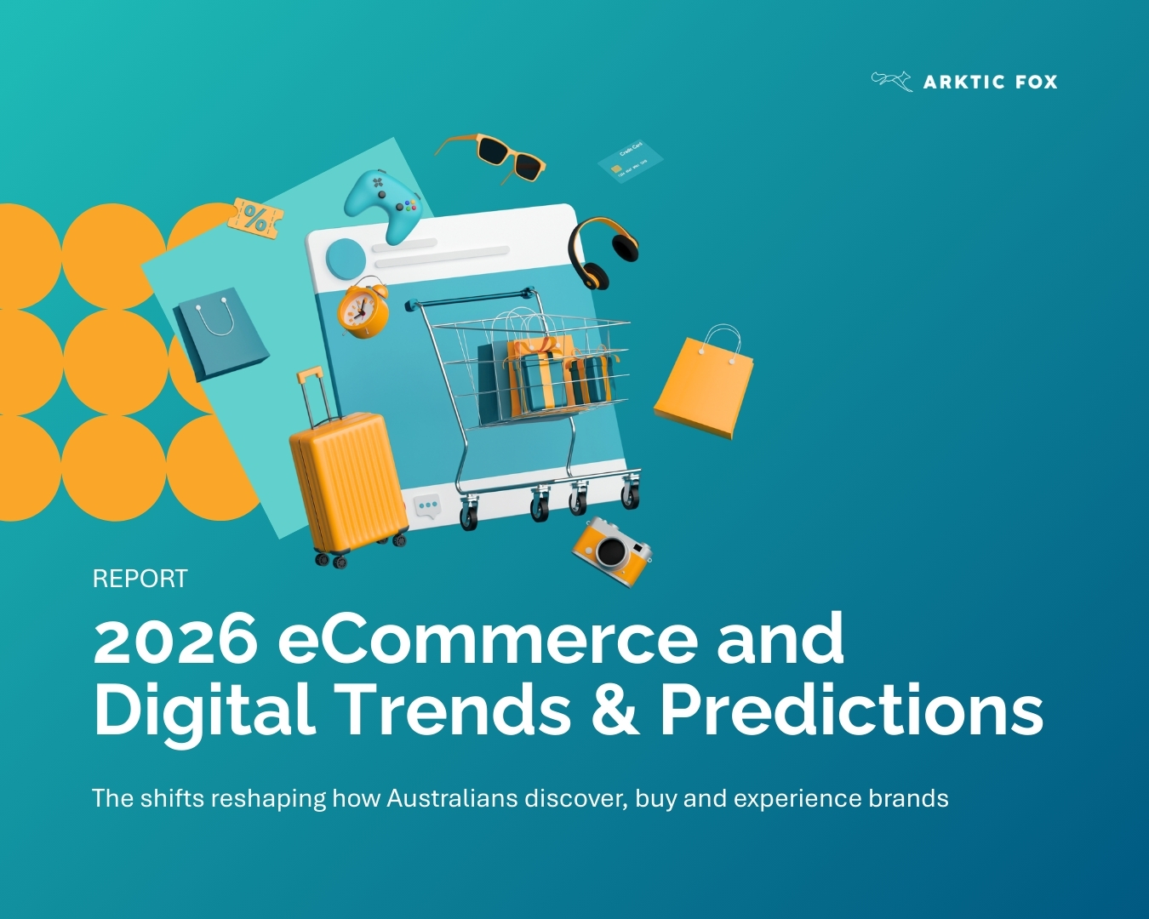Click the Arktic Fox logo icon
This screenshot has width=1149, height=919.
tap(891, 81)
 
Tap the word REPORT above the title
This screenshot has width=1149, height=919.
tap(140, 579)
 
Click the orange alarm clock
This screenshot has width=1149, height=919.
tap(363, 309)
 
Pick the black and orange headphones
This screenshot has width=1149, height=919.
tap(602, 249)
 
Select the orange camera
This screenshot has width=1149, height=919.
tap(613, 550)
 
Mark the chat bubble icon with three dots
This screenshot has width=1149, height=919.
tap(427, 505)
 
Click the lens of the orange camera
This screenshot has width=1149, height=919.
tap(610, 552)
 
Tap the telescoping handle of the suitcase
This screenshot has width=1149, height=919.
tap(313, 397)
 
